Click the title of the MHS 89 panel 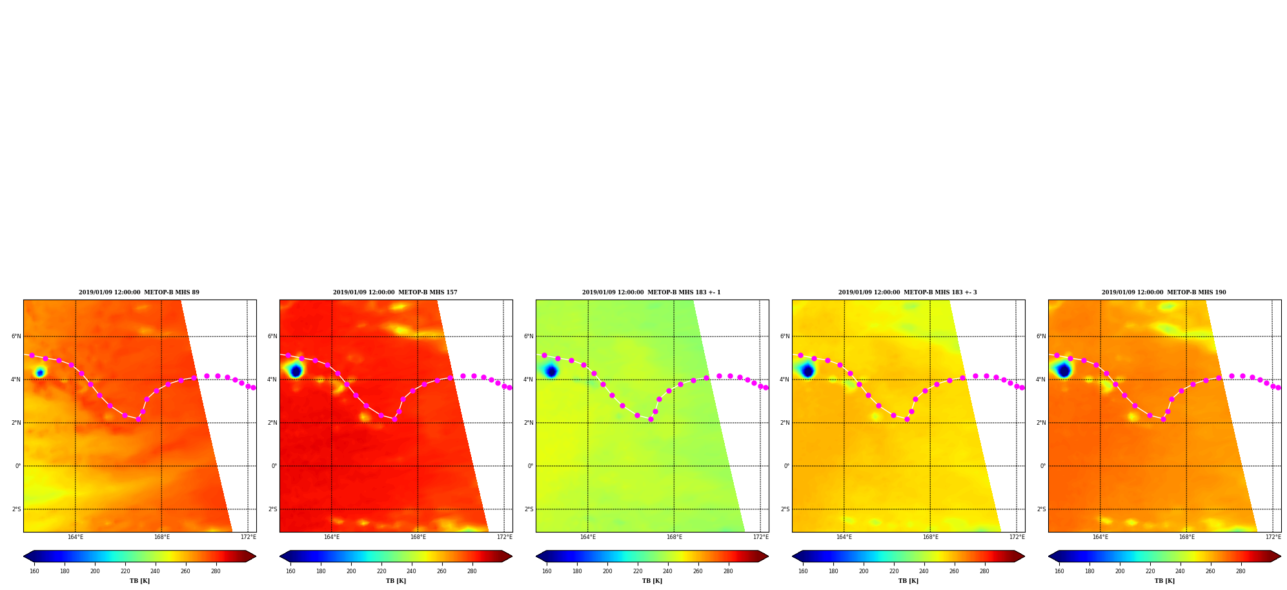pyautogui.click(x=139, y=292)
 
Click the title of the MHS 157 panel pyautogui.click(x=395, y=292)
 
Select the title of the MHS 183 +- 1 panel pyautogui.click(x=651, y=292)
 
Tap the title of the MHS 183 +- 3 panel pyautogui.click(x=907, y=292)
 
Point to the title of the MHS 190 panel pyautogui.click(x=1164, y=292)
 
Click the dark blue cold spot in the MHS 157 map pyautogui.click(x=296, y=371)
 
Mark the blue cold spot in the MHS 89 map pyautogui.click(x=40, y=372)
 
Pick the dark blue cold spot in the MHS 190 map pyautogui.click(x=1064, y=371)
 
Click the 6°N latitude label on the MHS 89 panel pyautogui.click(x=16, y=336)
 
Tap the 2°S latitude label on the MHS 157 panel pyautogui.click(x=272, y=509)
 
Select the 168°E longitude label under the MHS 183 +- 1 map pyautogui.click(x=674, y=537)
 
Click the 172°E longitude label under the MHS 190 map pyautogui.click(x=1273, y=537)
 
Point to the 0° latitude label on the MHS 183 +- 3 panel pyautogui.click(x=787, y=466)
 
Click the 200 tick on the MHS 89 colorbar pyautogui.click(x=95, y=571)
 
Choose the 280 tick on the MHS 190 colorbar pyautogui.click(x=1241, y=571)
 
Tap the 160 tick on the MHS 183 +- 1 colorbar pyautogui.click(x=547, y=571)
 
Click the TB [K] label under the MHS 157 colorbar pyautogui.click(x=396, y=581)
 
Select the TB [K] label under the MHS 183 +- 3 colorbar pyautogui.click(x=908, y=581)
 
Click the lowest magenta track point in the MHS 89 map pyautogui.click(x=138, y=419)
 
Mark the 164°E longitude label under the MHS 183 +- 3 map pyautogui.click(x=844, y=537)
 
